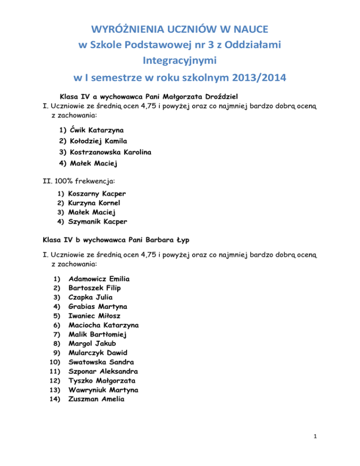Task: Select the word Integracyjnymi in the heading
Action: (180, 60)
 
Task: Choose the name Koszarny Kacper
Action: (97, 193)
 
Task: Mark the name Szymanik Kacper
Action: (97, 221)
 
